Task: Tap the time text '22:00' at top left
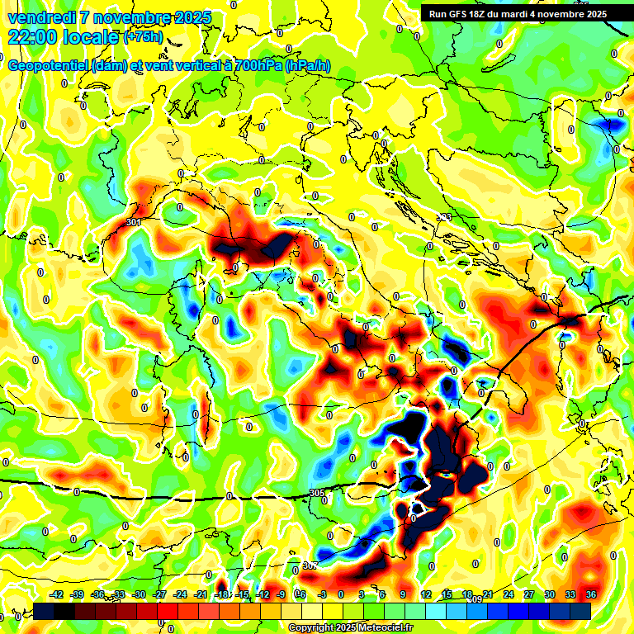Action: coord(33,37)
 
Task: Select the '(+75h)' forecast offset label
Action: coord(143,37)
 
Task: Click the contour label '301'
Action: coord(135,223)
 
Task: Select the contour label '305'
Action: coord(316,493)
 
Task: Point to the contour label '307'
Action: coord(309,565)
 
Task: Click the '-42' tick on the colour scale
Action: coord(57,594)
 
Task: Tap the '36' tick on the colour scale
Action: coord(591,594)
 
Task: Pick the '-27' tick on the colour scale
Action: coord(160,594)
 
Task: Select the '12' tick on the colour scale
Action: coord(426,594)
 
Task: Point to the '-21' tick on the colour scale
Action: coord(201,594)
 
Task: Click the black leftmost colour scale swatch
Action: coord(45,611)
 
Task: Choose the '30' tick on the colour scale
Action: coord(550,594)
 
